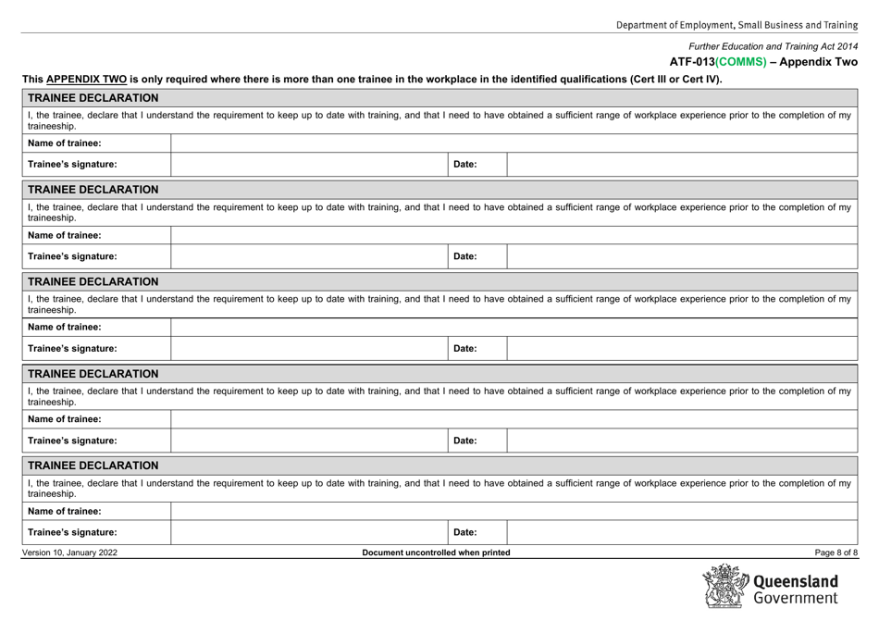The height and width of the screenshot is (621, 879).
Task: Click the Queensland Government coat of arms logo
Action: pos(731,587)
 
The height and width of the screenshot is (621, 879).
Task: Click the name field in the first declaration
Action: pos(514,142)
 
